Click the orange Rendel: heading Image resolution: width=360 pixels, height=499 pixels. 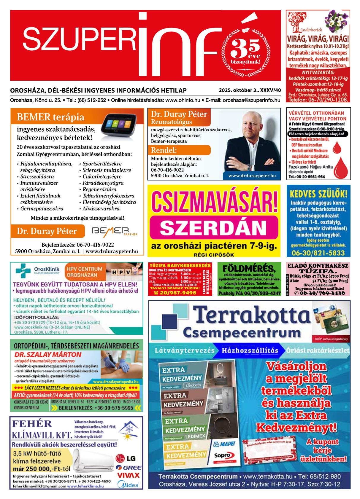pos(164,150)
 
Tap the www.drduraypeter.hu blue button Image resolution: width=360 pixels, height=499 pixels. pos(252,176)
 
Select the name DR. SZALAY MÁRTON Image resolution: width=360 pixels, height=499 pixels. pos(48,355)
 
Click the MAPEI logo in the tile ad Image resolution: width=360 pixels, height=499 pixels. pos(220,444)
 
